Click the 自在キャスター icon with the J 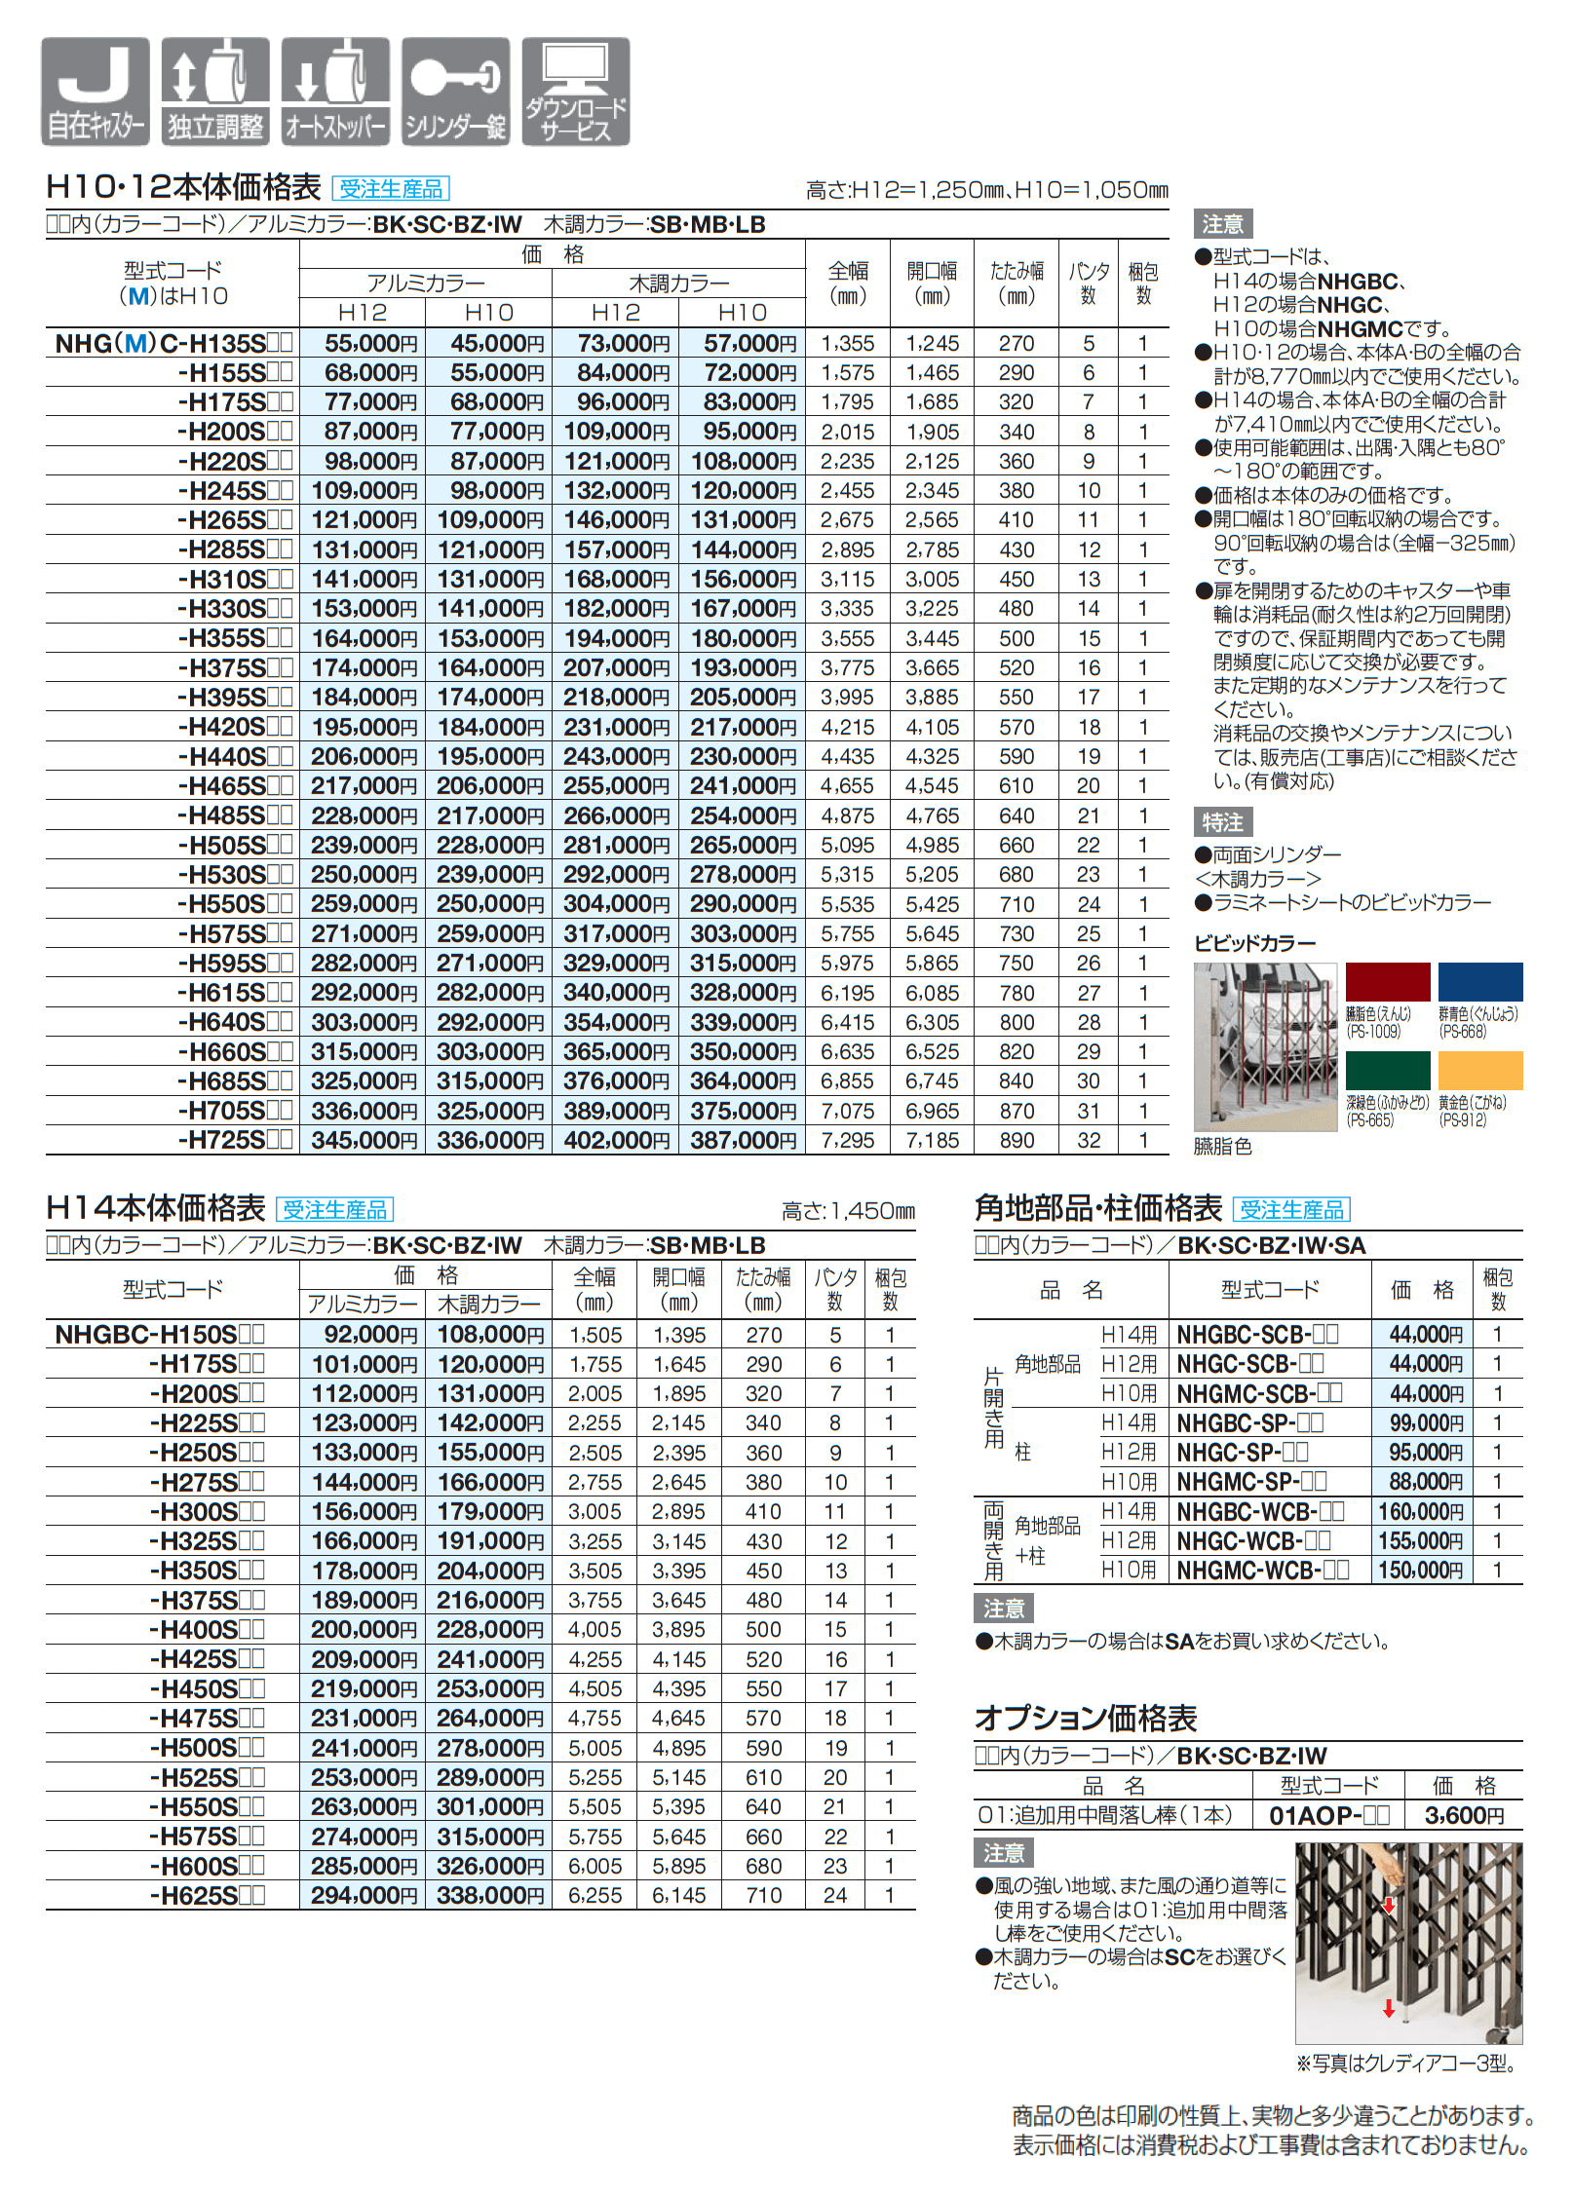[x=95, y=92]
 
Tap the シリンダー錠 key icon [x=455, y=92]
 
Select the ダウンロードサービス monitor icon [x=576, y=92]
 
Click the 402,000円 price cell [x=614, y=1140]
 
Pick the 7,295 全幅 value [x=847, y=1140]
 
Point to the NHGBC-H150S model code [x=159, y=1335]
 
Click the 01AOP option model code [x=1328, y=1815]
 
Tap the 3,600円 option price [x=1464, y=1815]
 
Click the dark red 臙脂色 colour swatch [x=1387, y=982]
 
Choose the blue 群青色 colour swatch [x=1479, y=982]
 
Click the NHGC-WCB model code [x=1253, y=1540]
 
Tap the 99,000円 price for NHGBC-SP [x=1426, y=1422]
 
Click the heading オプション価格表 [x=1085, y=1718]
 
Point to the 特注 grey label [x=1222, y=822]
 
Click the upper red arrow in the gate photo [x=1389, y=1905]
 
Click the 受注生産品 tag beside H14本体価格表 [x=334, y=1210]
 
